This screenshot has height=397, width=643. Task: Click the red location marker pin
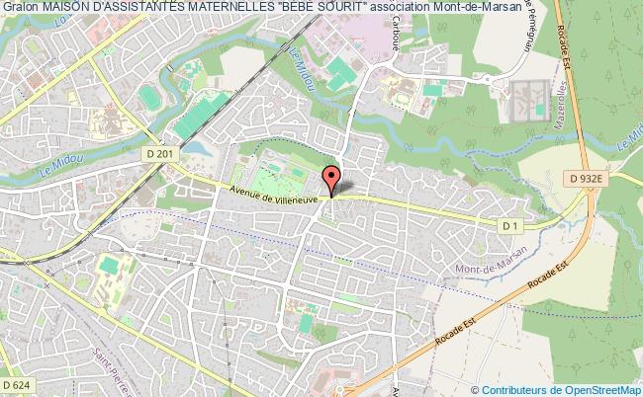332,179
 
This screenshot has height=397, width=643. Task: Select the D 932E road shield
587,177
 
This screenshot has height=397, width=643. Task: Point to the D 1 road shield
509,226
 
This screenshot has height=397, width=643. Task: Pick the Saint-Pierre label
111,365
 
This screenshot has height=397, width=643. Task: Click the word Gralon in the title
20,9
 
